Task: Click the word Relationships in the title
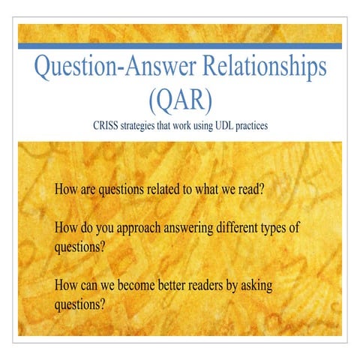[257, 67]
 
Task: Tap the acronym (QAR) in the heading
[179, 99]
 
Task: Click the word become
[144, 286]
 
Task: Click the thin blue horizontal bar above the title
[179, 46]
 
